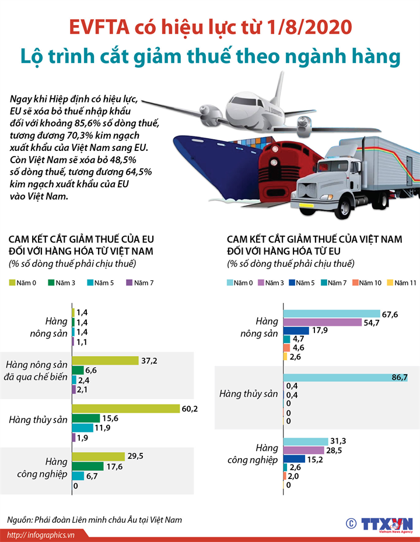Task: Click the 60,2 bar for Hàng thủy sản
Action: pyautogui.click(x=125, y=409)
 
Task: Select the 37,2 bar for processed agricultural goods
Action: pyautogui.click(x=105, y=361)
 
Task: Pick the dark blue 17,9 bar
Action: pyautogui.click(x=296, y=330)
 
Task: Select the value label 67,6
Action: pyautogui.click(x=389, y=314)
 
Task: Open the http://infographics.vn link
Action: pyautogui.click(x=41, y=535)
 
